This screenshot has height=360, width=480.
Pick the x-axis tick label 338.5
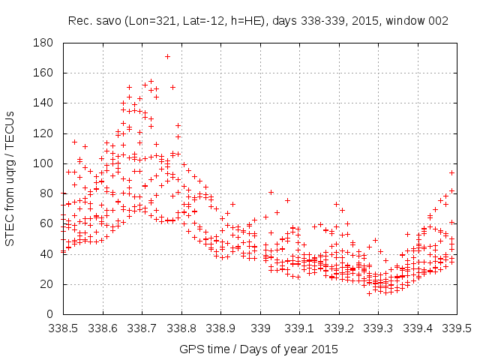coord(64,328)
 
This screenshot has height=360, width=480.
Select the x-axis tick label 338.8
coord(181,328)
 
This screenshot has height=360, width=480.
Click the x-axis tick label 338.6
coord(103,328)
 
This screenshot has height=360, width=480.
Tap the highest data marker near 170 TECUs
coord(167,56)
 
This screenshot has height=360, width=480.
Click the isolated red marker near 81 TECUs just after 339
coord(271,192)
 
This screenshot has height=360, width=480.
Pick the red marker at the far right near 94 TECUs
coord(451,172)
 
